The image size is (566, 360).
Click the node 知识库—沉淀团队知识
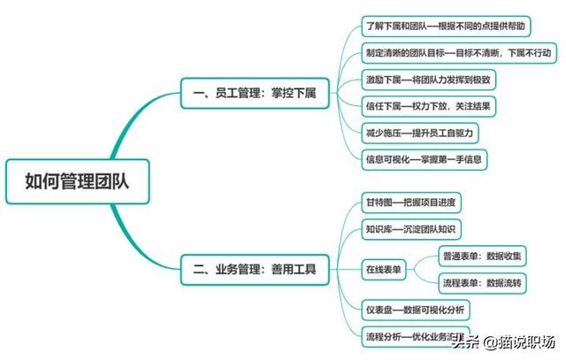point(412,230)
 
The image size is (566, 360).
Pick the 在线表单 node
point(384,270)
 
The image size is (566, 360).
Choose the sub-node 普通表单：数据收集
point(482,257)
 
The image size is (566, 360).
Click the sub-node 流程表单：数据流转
point(482,284)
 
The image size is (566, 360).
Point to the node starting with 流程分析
point(416,337)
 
